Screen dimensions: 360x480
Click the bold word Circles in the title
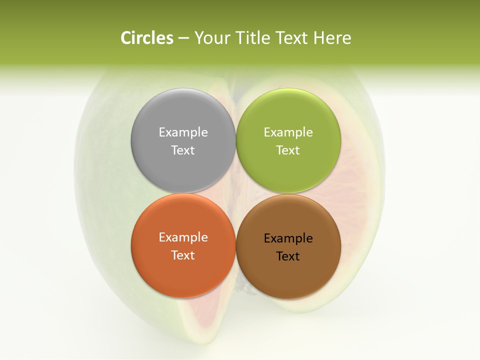pos(146,38)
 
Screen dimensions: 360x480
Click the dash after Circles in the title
pos(183,38)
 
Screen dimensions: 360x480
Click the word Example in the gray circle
pos(183,132)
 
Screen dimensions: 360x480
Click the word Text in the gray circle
pos(183,150)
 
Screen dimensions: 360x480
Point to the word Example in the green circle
pos(288,132)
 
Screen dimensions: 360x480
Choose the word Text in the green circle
pos(288,150)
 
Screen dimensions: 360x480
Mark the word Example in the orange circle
pos(183,237)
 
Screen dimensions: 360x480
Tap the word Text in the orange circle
pos(183,255)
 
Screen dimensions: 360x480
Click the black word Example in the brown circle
pos(288,238)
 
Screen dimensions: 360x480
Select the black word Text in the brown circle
pos(288,256)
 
